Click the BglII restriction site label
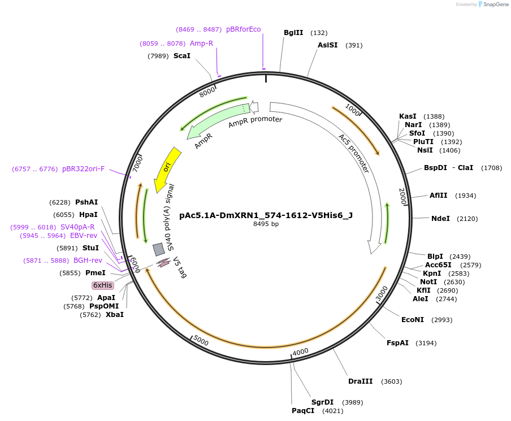[293, 33]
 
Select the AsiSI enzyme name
[327, 45]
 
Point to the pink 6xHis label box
[103, 285]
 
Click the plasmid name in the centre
[266, 215]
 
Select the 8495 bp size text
[266, 224]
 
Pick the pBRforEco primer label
[244, 29]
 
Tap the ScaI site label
[182, 56]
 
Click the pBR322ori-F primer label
[83, 169]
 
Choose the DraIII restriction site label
[360, 381]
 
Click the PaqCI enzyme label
[303, 411]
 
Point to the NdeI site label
[440, 219]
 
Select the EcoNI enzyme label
[413, 320]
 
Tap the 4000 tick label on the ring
[301, 351]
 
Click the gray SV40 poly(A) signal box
[159, 249]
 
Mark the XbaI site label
[114, 315]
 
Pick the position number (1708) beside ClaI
[491, 168]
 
